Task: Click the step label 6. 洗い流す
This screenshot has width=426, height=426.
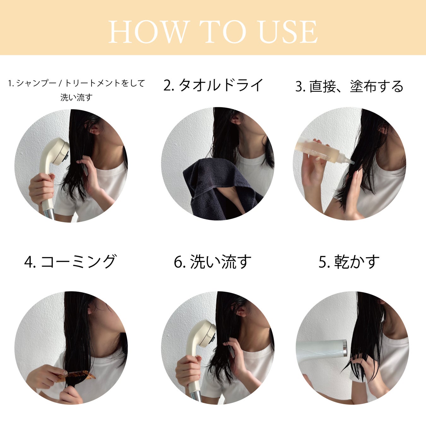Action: pyautogui.click(x=212, y=262)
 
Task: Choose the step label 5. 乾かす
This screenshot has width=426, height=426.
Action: pyautogui.click(x=349, y=262)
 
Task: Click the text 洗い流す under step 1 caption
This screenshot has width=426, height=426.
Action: pyautogui.click(x=76, y=97)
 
